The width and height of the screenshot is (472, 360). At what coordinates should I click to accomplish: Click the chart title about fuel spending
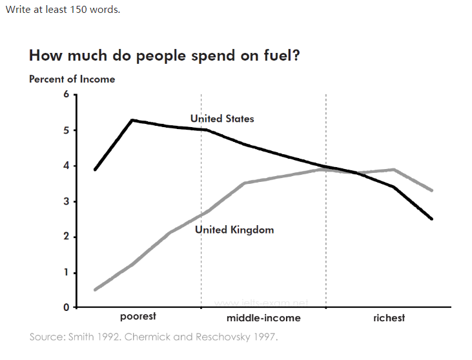[164, 55]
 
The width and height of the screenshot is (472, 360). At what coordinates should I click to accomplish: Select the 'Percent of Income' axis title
[72, 79]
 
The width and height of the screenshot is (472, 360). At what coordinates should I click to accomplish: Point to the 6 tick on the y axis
[65, 95]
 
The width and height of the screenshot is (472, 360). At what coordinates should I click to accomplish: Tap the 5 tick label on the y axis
[65, 131]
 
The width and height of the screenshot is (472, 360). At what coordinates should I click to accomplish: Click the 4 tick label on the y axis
[65, 166]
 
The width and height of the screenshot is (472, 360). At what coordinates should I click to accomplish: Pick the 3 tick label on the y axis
[65, 202]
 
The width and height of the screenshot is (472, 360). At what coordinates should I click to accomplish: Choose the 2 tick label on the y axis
[65, 237]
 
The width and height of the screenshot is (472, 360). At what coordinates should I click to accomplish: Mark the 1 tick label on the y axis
[65, 273]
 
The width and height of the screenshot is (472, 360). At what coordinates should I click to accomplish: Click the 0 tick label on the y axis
[65, 308]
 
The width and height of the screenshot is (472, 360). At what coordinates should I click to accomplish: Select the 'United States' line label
[222, 119]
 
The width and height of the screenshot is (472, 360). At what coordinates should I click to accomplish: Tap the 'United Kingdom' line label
[234, 230]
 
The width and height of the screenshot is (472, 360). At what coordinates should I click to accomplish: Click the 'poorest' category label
[138, 317]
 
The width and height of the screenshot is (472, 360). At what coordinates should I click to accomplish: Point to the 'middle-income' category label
[263, 318]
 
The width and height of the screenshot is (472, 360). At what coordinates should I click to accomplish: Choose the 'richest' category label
[389, 318]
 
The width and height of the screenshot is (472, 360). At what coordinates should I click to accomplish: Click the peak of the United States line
[132, 120]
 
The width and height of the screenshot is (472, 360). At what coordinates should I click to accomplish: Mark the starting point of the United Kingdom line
[95, 290]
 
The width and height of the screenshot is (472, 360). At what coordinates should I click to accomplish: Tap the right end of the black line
[431, 219]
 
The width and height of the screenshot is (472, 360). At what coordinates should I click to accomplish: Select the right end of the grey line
[431, 190]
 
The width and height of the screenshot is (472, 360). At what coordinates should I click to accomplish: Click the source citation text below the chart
[154, 337]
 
